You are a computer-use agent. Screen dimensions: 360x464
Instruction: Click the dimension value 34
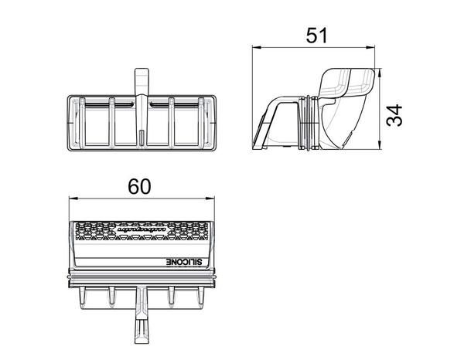tap(397, 116)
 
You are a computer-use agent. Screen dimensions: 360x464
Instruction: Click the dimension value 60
tap(139, 186)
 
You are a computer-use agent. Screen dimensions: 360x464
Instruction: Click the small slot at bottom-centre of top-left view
tap(142, 138)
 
